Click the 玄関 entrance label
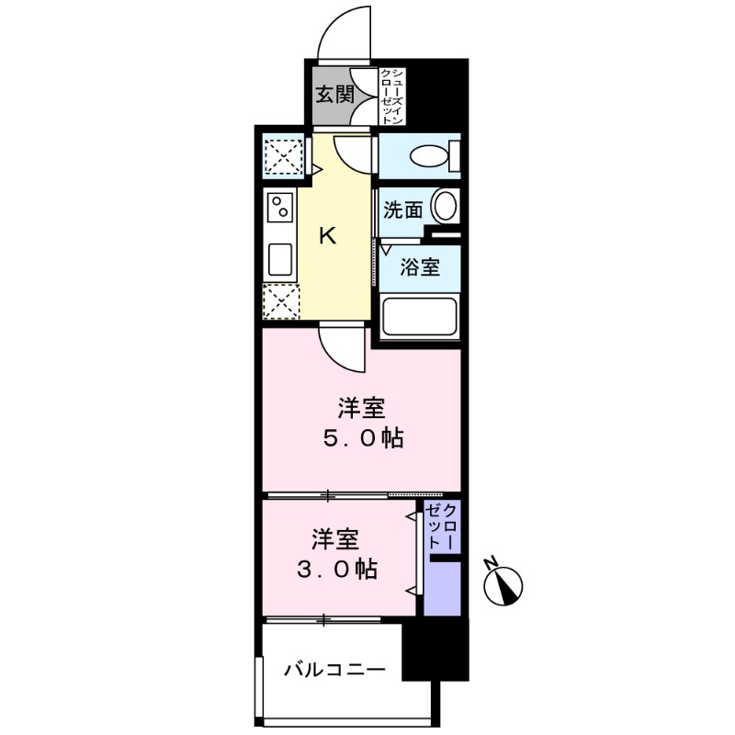pyautogui.click(x=334, y=94)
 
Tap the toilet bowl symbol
pyautogui.click(x=429, y=156)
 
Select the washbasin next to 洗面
pyautogui.click(x=444, y=206)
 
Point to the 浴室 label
pyautogui.click(x=422, y=267)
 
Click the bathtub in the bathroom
pyautogui.click(x=420, y=318)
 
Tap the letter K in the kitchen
pyautogui.click(x=326, y=235)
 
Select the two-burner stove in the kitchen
pyautogui.click(x=279, y=210)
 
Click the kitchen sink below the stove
pyautogui.click(x=279, y=260)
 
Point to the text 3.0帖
pyautogui.click(x=334, y=570)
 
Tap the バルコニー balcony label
pyautogui.click(x=334, y=670)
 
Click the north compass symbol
pyautogui.click(x=503, y=582)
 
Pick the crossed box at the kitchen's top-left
pyautogui.click(x=282, y=154)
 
